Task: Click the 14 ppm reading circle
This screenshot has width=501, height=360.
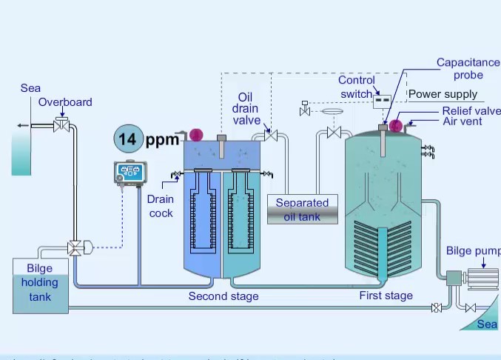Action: tap(128, 139)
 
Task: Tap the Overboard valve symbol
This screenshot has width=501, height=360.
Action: tap(62, 126)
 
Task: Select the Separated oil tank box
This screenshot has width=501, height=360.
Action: tap(302, 209)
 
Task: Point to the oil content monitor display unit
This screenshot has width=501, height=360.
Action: tap(130, 173)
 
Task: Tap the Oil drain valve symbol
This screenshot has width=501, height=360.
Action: tap(271, 136)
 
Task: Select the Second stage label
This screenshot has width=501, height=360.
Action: tap(223, 296)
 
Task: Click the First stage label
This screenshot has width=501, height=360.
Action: tap(386, 296)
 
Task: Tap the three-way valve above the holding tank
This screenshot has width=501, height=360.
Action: tap(75, 248)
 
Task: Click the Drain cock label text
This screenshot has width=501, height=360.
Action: tap(160, 206)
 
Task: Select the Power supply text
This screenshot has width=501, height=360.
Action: tap(443, 94)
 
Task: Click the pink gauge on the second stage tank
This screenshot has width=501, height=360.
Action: tap(196, 134)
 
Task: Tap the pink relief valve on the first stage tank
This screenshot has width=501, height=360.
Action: tap(396, 127)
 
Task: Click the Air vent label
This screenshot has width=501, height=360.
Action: tap(463, 121)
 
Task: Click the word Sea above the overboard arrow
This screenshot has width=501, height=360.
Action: tap(30, 88)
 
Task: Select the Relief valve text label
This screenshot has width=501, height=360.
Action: tap(471, 110)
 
